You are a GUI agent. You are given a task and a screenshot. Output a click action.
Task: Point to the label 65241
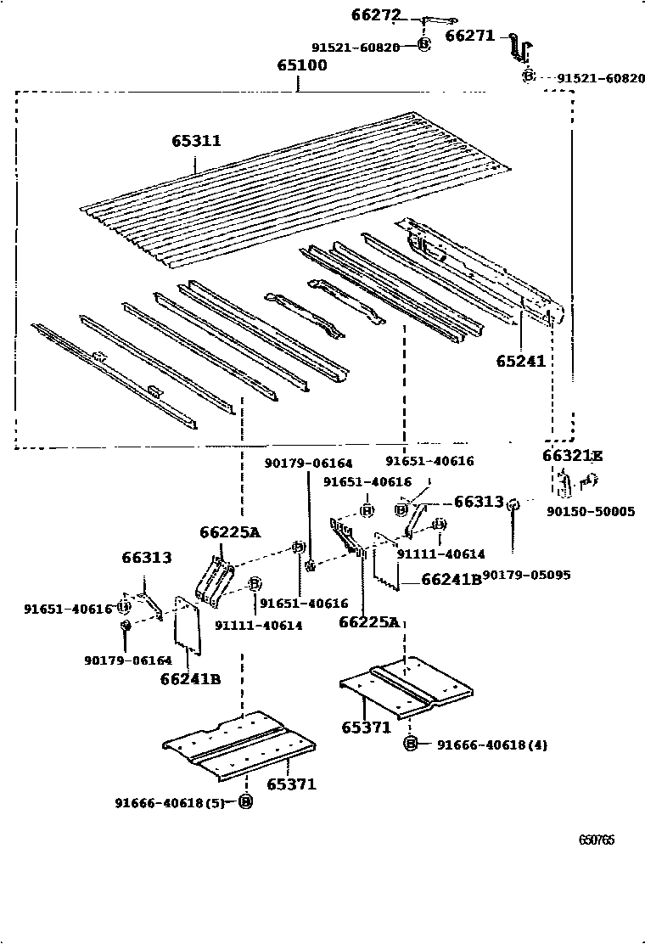[520, 361]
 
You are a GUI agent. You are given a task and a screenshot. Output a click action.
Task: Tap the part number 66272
[375, 14]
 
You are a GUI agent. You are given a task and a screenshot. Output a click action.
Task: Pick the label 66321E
[572, 456]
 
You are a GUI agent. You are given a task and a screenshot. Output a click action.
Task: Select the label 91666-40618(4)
[492, 745]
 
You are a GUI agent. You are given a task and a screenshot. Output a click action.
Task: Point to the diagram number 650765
[597, 840]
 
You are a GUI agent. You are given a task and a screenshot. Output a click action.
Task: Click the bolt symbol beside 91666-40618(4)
[411, 745]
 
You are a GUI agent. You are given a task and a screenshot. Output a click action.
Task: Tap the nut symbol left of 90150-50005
[513, 506]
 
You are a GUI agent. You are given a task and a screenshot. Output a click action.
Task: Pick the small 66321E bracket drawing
[567, 485]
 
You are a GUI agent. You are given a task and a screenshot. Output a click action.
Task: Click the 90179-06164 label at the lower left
[127, 660]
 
